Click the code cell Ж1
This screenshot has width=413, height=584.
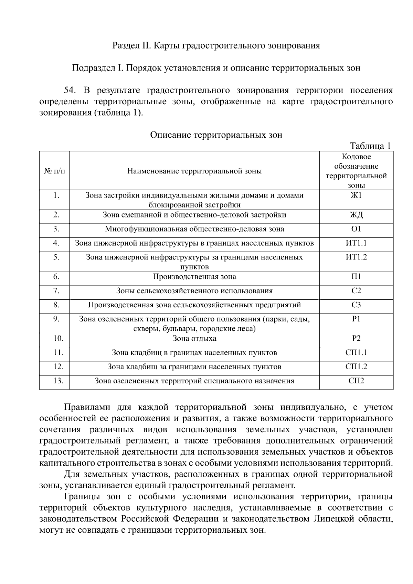pyautogui.click(x=356, y=195)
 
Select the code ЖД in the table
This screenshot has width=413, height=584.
pyautogui.click(x=356, y=215)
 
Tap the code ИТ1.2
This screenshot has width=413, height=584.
pyautogui.click(x=356, y=257)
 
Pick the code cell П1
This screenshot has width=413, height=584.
pyautogui.click(x=356, y=277)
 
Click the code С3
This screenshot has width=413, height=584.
pyautogui.click(x=356, y=305)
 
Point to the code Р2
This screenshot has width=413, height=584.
pyautogui.click(x=356, y=339)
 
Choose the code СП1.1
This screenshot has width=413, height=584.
pyautogui.click(x=356, y=353)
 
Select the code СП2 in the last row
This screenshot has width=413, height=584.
pyautogui.click(x=356, y=381)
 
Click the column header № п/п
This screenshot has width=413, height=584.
pyautogui.click(x=54, y=171)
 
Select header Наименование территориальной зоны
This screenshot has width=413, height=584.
pyautogui.click(x=194, y=171)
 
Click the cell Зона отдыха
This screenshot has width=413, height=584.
pyautogui.click(x=194, y=339)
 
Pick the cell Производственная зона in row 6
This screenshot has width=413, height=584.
pyautogui.click(x=194, y=277)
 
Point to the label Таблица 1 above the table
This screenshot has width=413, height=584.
pyautogui.click(x=370, y=146)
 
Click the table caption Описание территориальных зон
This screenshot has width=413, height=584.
pyautogui.click(x=216, y=135)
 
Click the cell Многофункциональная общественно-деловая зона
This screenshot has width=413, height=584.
pyautogui.click(x=194, y=229)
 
